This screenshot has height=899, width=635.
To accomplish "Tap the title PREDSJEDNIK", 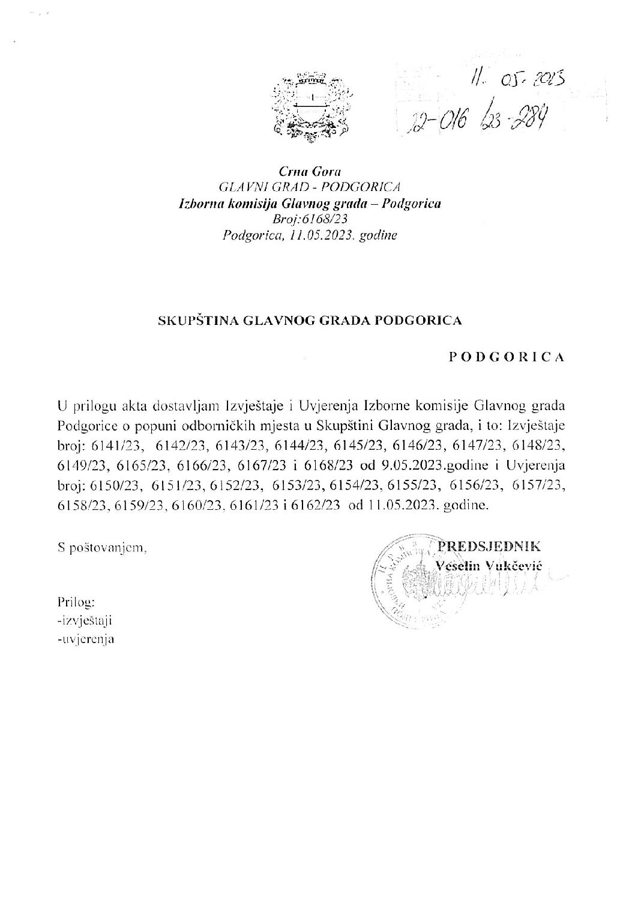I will pyautogui.click(x=490, y=546).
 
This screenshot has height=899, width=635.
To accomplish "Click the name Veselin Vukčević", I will pyautogui.click(x=483, y=564).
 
